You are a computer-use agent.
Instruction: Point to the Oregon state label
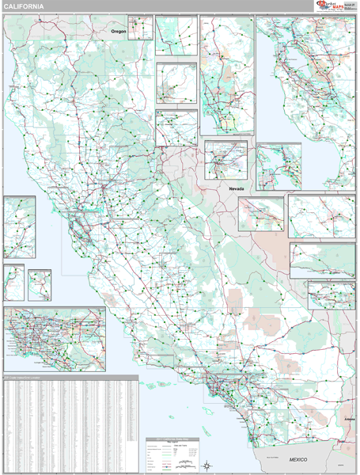coord(118,31)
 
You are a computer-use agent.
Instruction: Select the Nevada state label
coord(237,190)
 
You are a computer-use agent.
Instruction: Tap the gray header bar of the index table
coord(70,377)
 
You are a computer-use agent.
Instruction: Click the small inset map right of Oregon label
coord(140,28)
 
